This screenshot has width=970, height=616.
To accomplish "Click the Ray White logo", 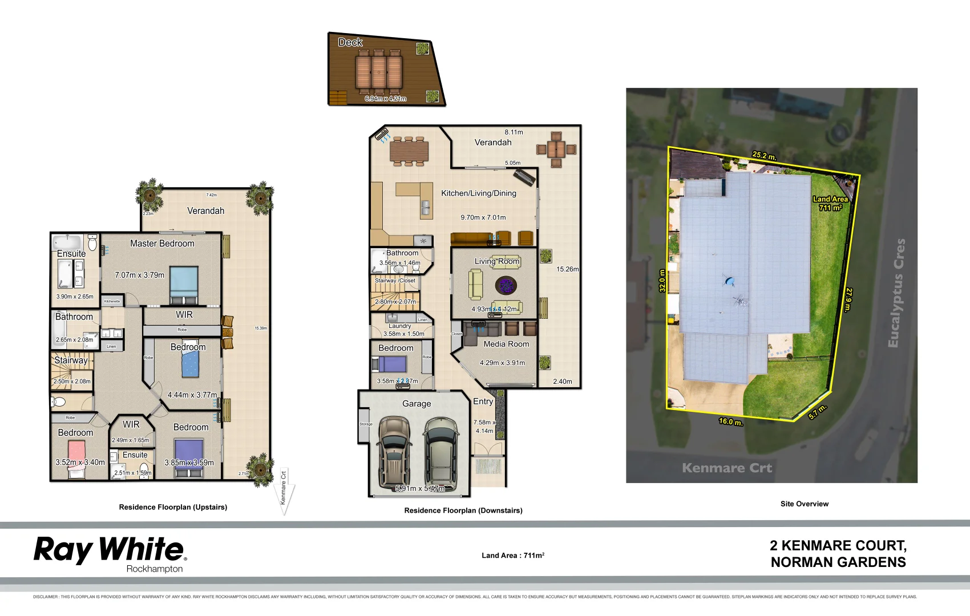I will pyautogui.click(x=110, y=550).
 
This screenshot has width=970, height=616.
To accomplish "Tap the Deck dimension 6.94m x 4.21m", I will pyautogui.click(x=386, y=99).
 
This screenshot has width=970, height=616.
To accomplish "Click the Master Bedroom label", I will pyautogui.click(x=162, y=244).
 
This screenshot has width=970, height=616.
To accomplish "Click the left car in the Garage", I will pyautogui.click(x=394, y=451).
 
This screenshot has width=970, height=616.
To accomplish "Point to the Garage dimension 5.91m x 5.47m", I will pyautogui.click(x=420, y=488).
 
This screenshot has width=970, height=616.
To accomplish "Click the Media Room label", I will pyautogui.click(x=506, y=344).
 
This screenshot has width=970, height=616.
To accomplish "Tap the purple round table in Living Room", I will pyautogui.click(x=504, y=285).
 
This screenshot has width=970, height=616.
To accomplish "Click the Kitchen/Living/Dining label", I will pyautogui.click(x=478, y=193).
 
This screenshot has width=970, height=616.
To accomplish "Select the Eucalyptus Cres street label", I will pyautogui.click(x=896, y=293).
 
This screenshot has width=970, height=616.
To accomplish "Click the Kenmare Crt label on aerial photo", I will pyautogui.click(x=726, y=468).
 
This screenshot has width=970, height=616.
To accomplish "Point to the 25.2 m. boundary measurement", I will pyautogui.click(x=763, y=156).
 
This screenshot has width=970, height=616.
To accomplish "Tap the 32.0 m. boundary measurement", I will pyautogui.click(x=662, y=281).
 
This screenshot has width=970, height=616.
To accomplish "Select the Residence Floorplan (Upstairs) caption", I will pyautogui.click(x=173, y=507).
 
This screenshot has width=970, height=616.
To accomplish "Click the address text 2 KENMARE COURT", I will pyautogui.click(x=838, y=546).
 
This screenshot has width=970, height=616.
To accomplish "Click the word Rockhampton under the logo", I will pyautogui.click(x=155, y=569).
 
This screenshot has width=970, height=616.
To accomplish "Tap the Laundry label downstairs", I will pyautogui.click(x=400, y=326).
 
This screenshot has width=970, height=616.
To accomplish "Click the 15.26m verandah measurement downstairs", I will pyautogui.click(x=567, y=269).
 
